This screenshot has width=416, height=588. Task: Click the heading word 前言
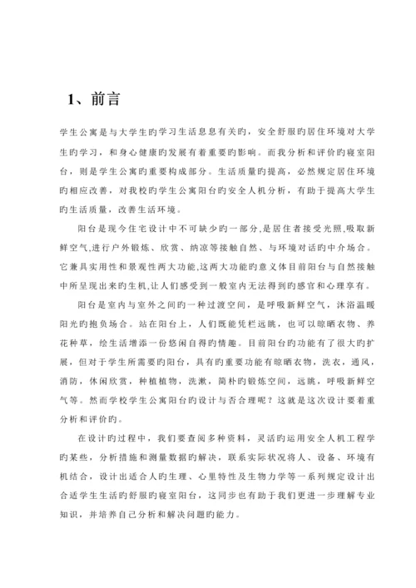click(106, 99)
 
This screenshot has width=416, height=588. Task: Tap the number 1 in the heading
click(72, 99)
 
